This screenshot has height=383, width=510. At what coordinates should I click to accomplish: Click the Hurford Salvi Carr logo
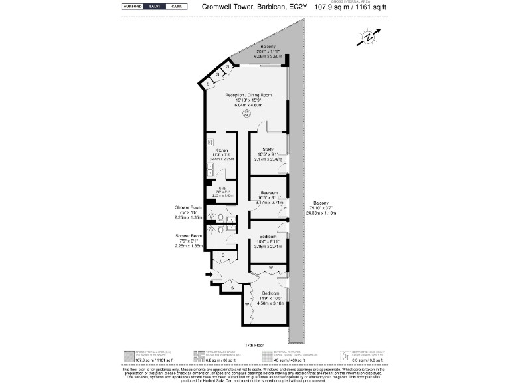click(153, 7)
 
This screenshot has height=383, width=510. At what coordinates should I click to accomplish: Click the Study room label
click(268, 149)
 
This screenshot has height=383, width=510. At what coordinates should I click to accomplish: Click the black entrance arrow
click(209, 274)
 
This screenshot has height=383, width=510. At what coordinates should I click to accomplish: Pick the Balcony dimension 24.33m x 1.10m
click(321, 213)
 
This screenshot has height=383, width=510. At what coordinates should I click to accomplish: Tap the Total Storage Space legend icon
click(197, 357)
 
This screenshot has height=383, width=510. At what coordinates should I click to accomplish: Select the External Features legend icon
click(267, 357)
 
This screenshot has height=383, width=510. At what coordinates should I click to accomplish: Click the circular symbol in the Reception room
click(246, 114)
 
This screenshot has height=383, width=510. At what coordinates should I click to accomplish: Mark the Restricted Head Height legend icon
click(343, 357)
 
